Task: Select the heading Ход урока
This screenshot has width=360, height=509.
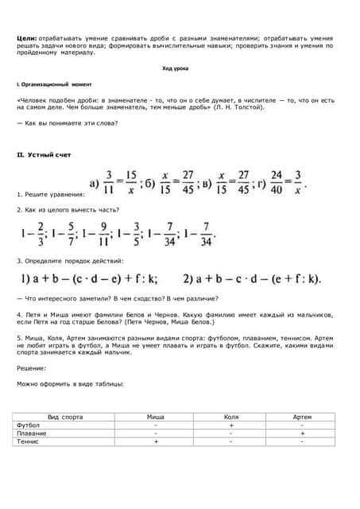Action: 176,69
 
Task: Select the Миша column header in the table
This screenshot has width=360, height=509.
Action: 156,417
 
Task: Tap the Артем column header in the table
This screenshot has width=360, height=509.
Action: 302,417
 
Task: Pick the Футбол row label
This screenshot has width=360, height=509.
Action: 29,425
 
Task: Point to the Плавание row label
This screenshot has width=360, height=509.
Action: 32,433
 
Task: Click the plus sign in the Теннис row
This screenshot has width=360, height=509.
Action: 156,441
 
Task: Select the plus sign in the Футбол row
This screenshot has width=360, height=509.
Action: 230,425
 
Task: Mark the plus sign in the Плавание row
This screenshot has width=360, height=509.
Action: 302,433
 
